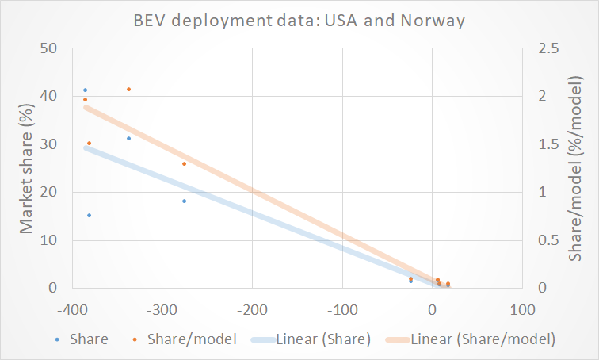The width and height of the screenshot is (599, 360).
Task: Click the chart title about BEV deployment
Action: click(299, 20)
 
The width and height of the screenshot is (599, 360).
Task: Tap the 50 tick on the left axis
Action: click(50, 49)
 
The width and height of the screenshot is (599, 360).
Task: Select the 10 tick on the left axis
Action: click(50, 240)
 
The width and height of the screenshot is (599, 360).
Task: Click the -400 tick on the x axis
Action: click(71, 307)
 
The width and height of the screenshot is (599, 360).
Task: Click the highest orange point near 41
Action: click(128, 90)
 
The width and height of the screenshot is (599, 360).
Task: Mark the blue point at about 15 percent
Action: click(89, 216)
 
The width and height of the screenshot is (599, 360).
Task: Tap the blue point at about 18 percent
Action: click(184, 201)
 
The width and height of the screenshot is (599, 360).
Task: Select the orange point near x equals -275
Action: click(184, 164)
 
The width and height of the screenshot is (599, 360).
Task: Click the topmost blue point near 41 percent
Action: click(85, 90)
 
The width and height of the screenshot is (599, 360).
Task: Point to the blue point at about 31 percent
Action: click(128, 139)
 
